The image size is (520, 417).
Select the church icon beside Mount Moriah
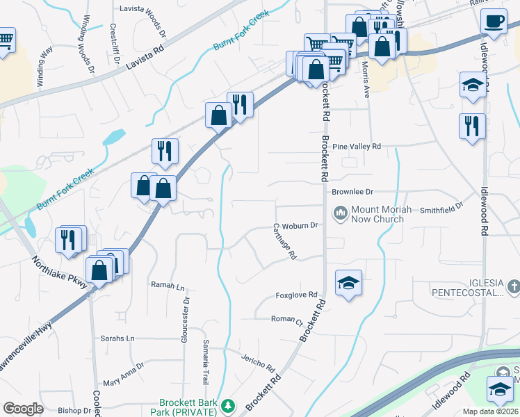click(x=341, y=212)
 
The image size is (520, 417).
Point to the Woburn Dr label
click(x=300, y=225)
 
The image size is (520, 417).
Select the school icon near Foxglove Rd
click(x=349, y=282)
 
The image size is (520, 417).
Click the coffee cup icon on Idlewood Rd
click(x=494, y=21)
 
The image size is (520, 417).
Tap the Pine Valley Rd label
click(x=357, y=147)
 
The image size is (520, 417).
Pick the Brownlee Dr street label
click(x=352, y=191)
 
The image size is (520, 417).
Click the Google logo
click(x=23, y=409)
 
